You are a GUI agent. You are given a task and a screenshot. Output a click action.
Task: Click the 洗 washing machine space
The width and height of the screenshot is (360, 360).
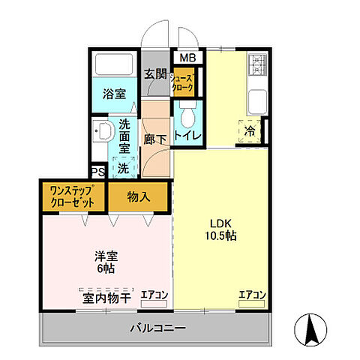123,167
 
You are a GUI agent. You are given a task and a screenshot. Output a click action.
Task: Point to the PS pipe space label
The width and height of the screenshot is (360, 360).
97,172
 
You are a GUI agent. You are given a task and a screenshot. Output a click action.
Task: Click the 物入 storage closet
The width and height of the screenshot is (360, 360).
139,197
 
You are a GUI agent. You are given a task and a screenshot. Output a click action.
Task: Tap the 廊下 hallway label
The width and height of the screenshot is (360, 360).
155,139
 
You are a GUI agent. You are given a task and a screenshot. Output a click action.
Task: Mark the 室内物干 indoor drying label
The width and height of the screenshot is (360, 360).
106,298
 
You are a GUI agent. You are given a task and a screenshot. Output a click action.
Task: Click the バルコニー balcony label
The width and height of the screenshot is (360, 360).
157,327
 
